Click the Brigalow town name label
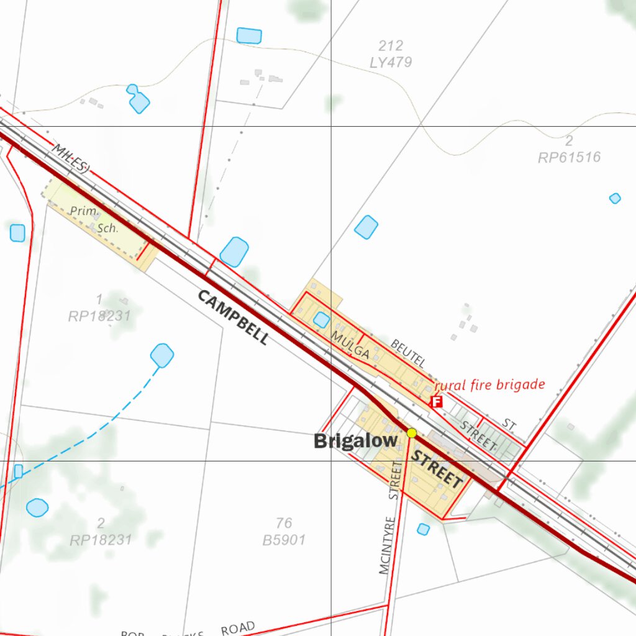(355, 441)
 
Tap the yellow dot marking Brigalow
(411, 432)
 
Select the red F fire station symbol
(437, 402)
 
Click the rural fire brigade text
(489, 385)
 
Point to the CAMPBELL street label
(234, 317)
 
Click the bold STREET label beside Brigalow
(438, 470)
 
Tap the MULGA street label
(350, 345)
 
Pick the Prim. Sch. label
(93, 219)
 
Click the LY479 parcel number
(390, 63)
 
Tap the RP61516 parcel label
(569, 158)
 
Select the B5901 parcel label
(284, 540)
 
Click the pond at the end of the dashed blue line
(162, 356)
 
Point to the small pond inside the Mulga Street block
(321, 320)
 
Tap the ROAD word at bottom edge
(238, 629)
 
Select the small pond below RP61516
(615, 198)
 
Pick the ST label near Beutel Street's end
(509, 425)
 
